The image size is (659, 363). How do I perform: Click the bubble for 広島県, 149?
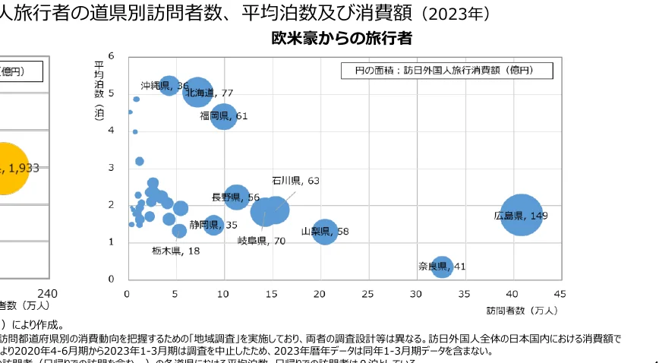[521, 215]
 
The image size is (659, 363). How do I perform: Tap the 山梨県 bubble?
[325, 231]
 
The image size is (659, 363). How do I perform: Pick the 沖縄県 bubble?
[169, 86]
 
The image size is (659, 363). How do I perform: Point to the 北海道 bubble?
[198, 93]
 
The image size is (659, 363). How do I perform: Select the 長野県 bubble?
[237, 197]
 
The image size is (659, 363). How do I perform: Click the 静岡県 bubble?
[214, 225]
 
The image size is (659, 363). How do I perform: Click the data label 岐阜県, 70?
[261, 241]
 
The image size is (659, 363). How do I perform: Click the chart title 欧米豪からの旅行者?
[342, 38]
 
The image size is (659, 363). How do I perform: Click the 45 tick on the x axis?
[560, 293]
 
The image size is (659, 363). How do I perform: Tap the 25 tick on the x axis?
[367, 293]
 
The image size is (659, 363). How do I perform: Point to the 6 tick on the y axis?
[111, 56]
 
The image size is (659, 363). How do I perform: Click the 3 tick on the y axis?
[111, 168]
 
